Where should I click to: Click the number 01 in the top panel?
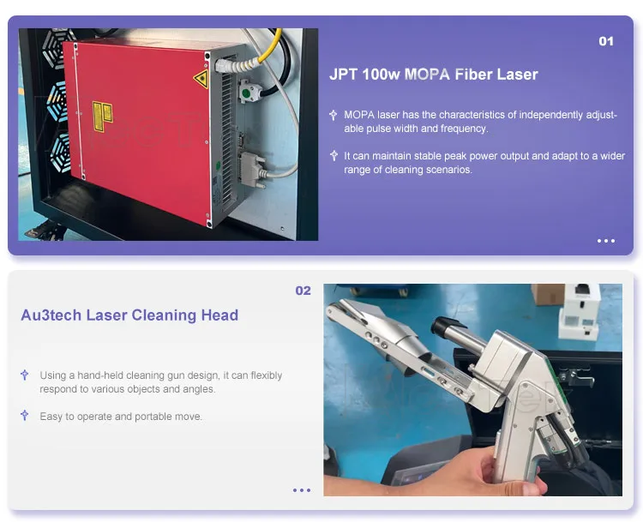click(605, 41)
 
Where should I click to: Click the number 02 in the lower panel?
click(303, 291)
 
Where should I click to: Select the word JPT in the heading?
click(343, 75)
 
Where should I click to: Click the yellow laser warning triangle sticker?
click(201, 81)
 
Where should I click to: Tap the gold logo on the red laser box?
click(104, 116)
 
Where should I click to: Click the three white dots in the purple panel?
click(605, 241)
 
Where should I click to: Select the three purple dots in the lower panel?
click(302, 490)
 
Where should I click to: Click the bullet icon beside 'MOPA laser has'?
click(334, 115)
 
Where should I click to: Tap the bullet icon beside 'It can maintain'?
click(334, 156)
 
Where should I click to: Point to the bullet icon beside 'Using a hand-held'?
click(25, 375)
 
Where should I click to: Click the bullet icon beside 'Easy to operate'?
click(25, 416)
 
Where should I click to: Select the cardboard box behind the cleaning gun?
click(547, 294)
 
